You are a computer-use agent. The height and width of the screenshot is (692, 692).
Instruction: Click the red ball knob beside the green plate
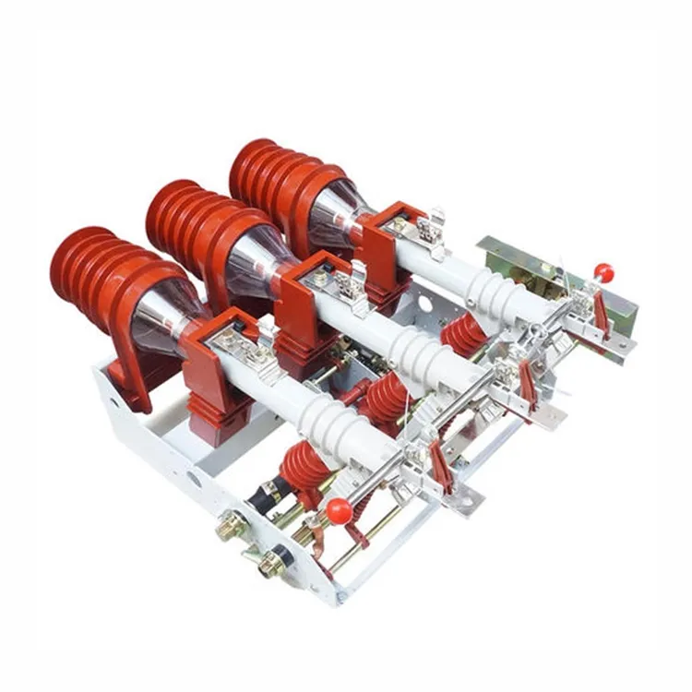[x=604, y=271]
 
